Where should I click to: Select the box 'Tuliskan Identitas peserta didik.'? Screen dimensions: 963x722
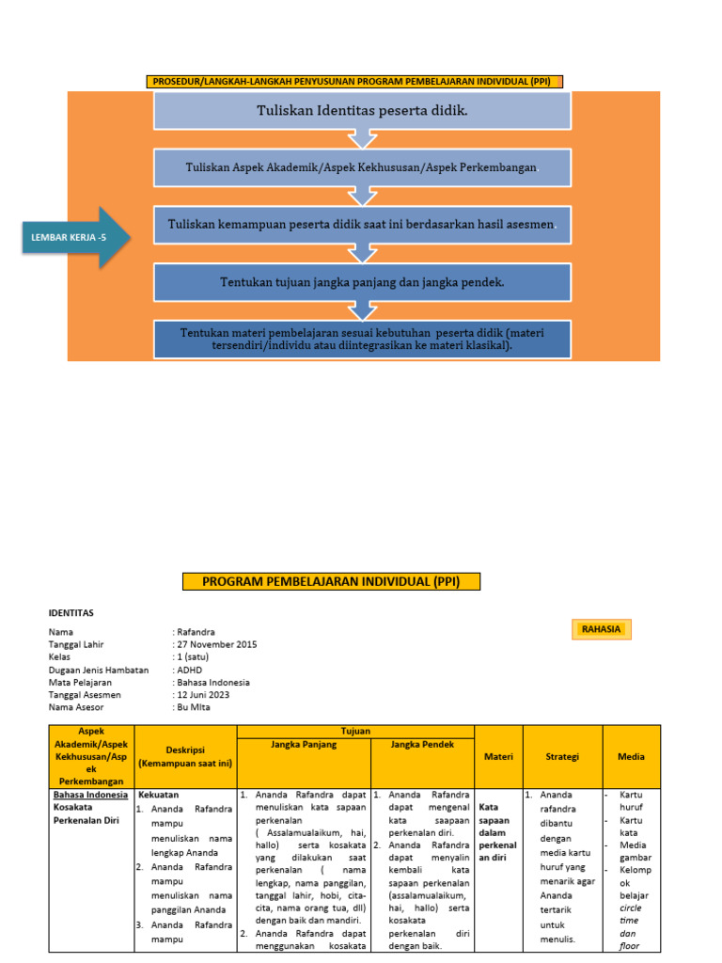[363, 111]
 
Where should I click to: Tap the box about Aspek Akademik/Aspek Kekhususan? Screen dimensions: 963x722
[363, 167]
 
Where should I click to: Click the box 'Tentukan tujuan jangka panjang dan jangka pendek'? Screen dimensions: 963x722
[363, 281]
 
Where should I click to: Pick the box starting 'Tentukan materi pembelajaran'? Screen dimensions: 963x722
[363, 339]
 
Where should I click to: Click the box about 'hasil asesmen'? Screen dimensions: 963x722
[363, 225]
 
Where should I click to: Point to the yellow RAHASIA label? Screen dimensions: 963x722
[601, 629]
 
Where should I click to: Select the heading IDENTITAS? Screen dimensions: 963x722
[71, 612]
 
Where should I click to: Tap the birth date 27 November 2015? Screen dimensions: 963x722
[216, 644]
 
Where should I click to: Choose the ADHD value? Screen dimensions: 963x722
[190, 670]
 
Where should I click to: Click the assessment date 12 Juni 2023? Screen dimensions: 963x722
[204, 694]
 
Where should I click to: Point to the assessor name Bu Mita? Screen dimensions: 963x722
[195, 706]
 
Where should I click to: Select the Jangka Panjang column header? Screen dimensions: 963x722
[304, 744]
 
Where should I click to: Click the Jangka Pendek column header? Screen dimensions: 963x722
[422, 744]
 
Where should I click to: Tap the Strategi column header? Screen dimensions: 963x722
[562, 756]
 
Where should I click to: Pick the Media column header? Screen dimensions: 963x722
[631, 756]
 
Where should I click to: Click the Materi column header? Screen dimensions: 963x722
[498, 756]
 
